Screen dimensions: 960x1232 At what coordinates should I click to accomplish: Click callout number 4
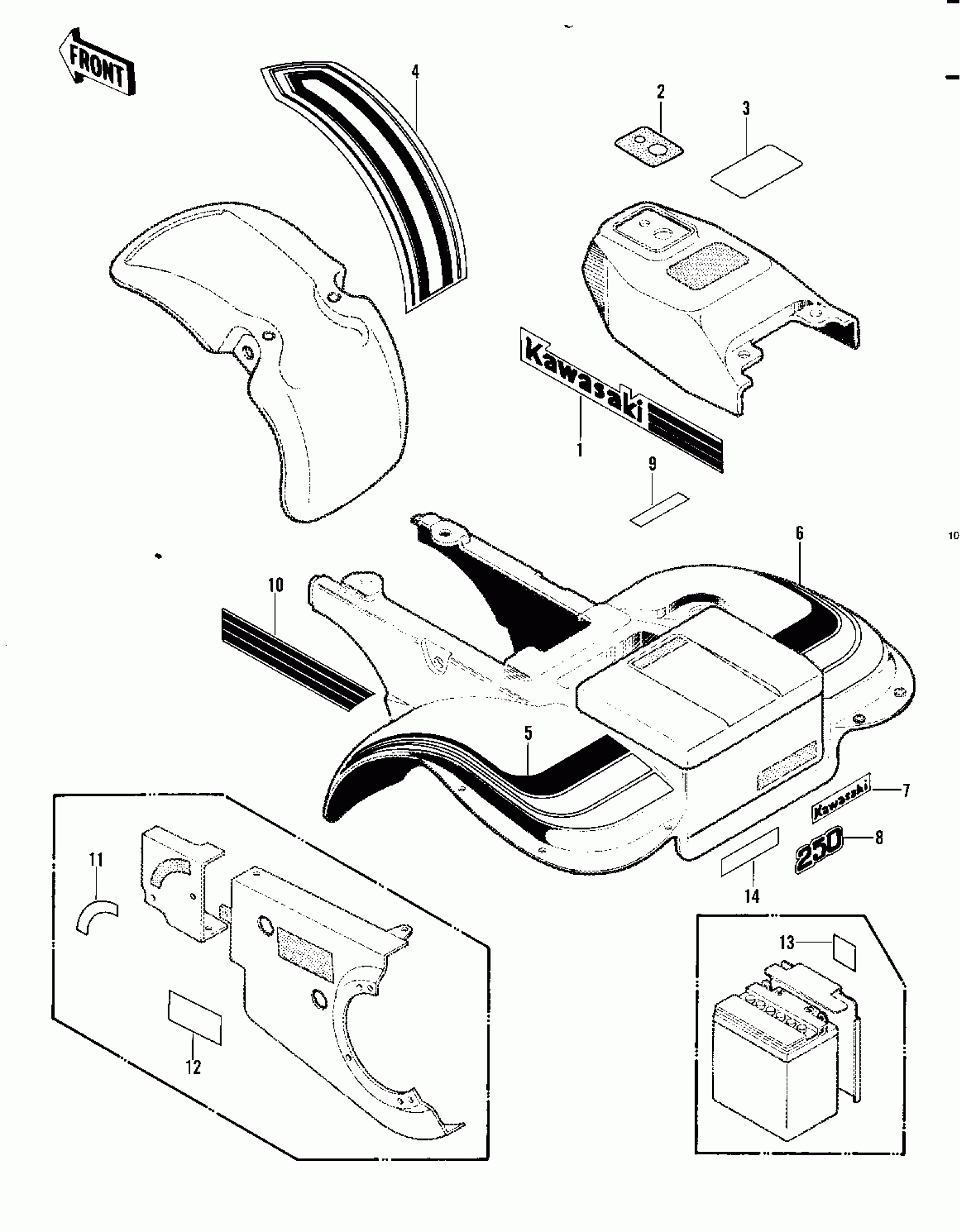click(416, 72)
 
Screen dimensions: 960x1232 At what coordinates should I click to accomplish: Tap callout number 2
click(660, 92)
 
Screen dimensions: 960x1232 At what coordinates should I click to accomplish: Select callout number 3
click(746, 109)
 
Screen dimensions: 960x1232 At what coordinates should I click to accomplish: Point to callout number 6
click(800, 533)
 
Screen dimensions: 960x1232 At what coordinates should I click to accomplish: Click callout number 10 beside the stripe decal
click(276, 585)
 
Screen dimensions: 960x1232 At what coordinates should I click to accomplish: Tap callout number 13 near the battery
click(787, 942)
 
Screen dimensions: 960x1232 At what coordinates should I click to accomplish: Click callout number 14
click(753, 896)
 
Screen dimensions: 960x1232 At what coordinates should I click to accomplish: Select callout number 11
click(96, 861)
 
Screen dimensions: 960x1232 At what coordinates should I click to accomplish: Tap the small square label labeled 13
click(844, 953)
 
